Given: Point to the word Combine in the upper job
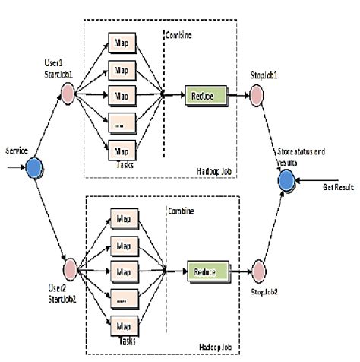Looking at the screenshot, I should (x=181, y=36).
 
